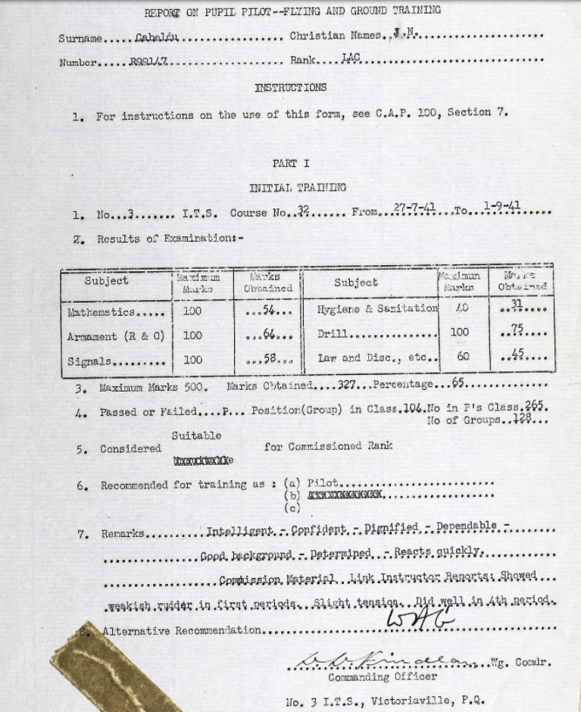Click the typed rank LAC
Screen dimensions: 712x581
coord(351,57)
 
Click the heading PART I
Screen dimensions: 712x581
coord(291,163)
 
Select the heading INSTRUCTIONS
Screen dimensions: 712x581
coord(291,87)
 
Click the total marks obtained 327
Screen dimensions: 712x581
coord(347,386)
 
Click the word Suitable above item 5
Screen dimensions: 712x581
coord(196,436)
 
